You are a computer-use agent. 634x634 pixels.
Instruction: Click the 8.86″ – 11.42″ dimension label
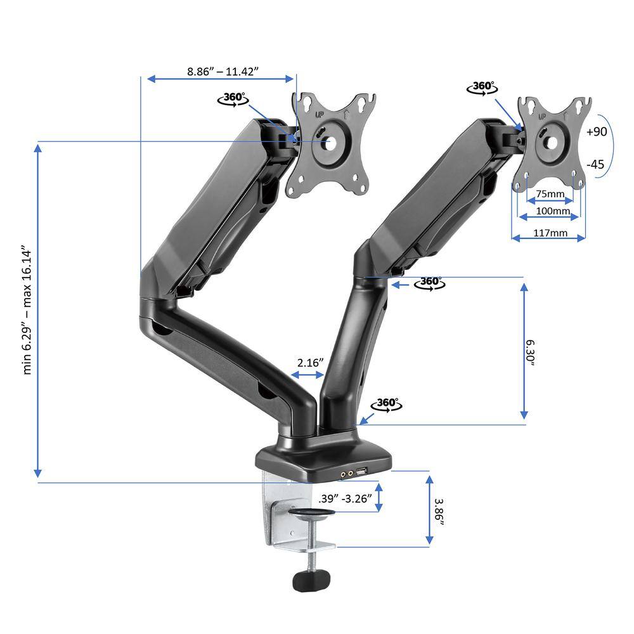pyautogui.click(x=221, y=72)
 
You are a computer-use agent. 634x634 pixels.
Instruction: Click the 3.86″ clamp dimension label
pyautogui.click(x=439, y=510)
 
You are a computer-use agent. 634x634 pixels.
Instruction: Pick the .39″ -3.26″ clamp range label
pyautogui.click(x=345, y=498)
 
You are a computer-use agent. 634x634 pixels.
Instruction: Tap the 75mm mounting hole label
pyautogui.click(x=550, y=193)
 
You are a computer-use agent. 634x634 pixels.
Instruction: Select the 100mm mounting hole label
pyautogui.click(x=550, y=210)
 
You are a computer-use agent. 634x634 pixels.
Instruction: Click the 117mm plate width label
pyautogui.click(x=550, y=233)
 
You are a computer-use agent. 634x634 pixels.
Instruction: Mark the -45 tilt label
pyautogui.click(x=595, y=164)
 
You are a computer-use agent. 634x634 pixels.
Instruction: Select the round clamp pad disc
pyautogui.click(x=309, y=514)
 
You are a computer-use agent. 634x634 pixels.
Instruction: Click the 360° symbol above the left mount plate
pyautogui.click(x=232, y=99)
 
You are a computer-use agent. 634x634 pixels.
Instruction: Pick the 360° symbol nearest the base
pyautogui.click(x=386, y=404)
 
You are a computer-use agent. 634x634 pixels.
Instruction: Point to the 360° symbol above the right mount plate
pyautogui.click(x=482, y=87)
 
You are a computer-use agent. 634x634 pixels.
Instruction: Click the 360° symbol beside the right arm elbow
pyautogui.click(x=429, y=283)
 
